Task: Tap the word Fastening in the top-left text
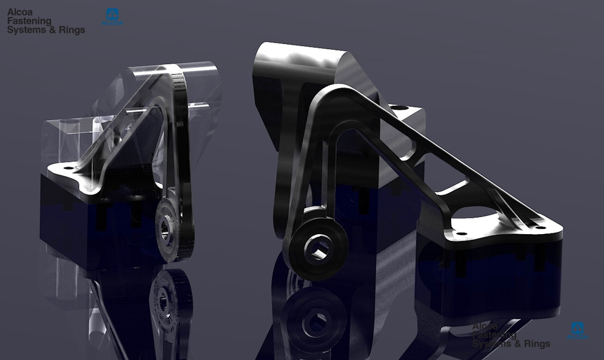point(29,21)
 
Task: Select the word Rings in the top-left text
point(70,30)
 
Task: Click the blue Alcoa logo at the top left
point(113,16)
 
